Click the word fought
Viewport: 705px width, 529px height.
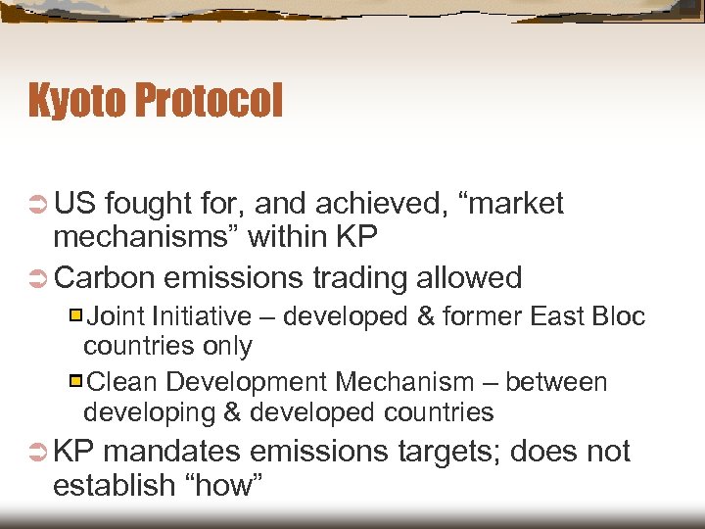pos(150,203)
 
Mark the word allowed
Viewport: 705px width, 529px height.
pos(469,277)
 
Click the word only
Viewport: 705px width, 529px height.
pos(228,346)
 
